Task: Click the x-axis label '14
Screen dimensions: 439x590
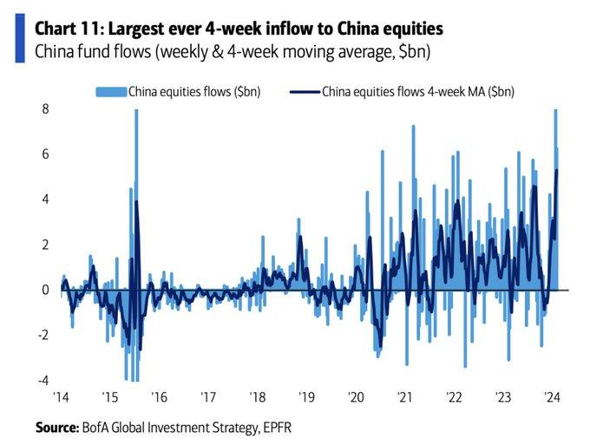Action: point(61,396)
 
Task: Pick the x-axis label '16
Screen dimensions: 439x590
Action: point(159,396)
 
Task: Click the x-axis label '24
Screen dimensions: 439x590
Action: point(551,396)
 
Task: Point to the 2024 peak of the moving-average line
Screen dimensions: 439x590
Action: point(555,170)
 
